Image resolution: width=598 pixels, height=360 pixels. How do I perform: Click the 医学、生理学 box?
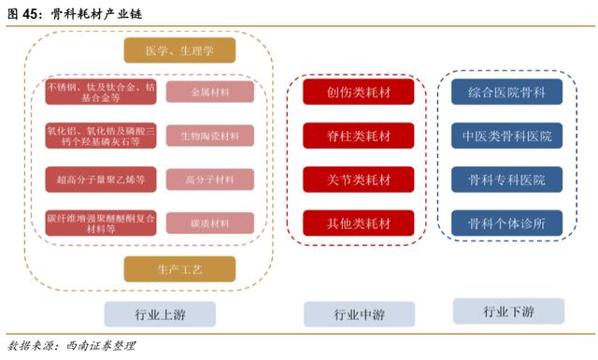(179, 50)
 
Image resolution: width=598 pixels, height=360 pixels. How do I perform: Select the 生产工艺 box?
(179, 269)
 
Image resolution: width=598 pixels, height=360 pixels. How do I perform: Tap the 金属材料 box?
(210, 92)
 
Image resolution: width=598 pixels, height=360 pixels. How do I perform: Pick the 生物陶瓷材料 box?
(210, 135)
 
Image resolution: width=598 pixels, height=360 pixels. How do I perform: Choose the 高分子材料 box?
(210, 179)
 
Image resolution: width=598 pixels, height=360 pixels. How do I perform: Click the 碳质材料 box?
(210, 223)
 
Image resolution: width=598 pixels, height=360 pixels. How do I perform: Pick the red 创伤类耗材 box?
(359, 92)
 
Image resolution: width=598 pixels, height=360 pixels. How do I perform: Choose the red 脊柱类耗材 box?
(359, 136)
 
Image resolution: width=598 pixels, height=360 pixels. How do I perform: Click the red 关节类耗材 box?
(359, 179)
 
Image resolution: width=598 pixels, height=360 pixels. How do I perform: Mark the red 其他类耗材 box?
(359, 223)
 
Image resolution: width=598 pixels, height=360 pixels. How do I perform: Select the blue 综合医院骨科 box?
(507, 92)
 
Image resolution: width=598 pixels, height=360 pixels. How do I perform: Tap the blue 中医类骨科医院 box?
(507, 136)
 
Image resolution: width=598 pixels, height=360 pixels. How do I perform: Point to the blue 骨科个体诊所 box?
(507, 223)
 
